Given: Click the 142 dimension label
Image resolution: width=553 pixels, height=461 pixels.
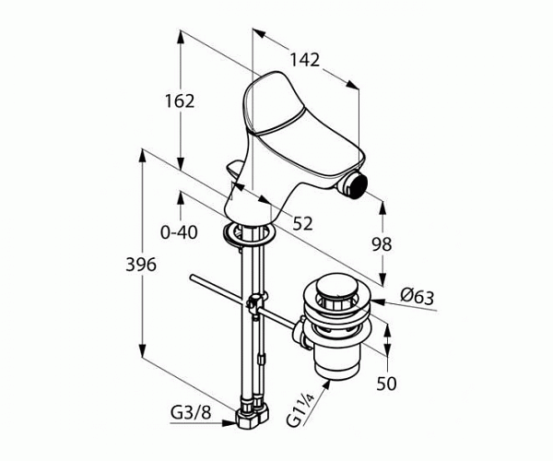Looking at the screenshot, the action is tap(304, 60).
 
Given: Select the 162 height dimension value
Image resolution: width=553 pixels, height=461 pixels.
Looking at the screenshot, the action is tap(180, 101).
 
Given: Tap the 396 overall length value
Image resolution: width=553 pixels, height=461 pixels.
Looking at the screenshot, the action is tap(141, 265).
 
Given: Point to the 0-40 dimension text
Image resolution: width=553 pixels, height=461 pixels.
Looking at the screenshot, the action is tap(179, 232).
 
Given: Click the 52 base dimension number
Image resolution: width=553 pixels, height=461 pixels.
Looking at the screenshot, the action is tap(303, 224).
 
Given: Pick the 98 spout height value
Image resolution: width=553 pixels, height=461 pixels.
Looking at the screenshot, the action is tap(382, 244).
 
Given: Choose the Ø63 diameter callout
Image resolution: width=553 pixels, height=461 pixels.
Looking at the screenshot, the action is tap(418, 296).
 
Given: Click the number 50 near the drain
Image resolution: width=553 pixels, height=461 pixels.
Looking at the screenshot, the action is tap(386, 383).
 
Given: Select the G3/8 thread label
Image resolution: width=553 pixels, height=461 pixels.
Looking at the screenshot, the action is tap(191, 412).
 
